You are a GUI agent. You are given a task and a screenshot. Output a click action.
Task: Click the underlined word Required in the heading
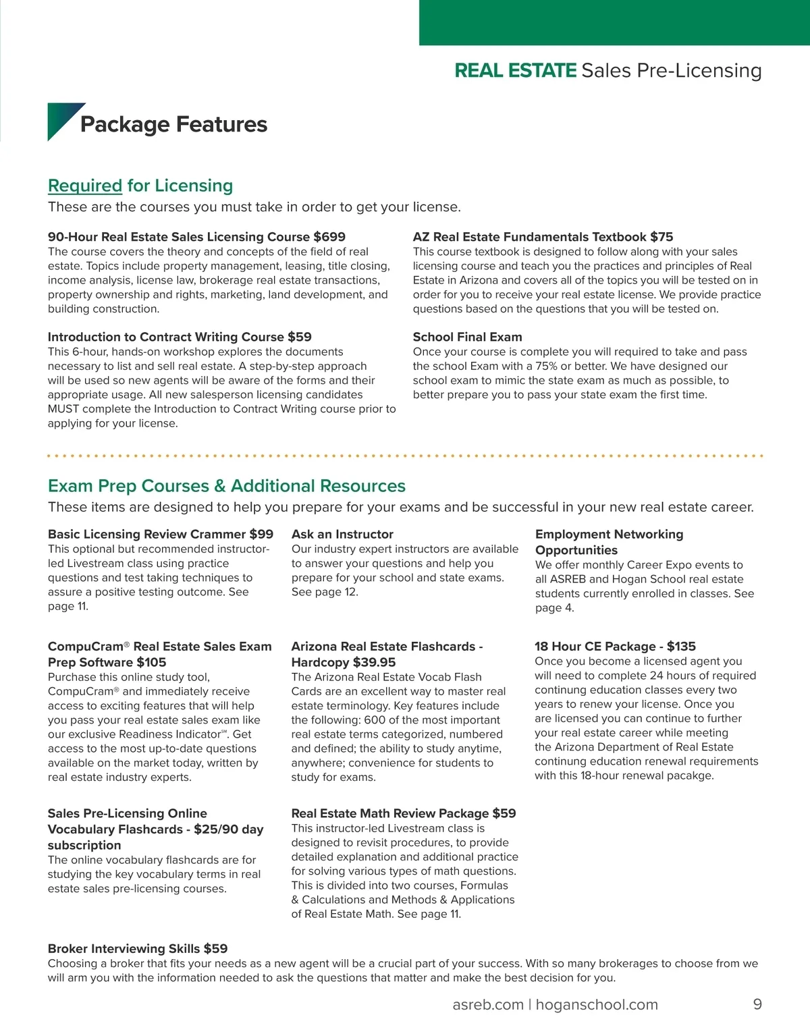(85, 186)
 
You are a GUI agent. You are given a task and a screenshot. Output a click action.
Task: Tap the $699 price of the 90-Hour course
(329, 237)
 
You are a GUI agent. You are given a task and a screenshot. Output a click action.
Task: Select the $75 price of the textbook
(661, 237)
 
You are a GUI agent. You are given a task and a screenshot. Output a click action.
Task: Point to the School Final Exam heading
(467, 337)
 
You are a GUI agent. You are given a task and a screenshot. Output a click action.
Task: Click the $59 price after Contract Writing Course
(299, 337)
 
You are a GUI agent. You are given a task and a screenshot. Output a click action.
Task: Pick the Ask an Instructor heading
(342, 534)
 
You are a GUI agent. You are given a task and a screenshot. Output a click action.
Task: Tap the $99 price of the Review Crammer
(261, 534)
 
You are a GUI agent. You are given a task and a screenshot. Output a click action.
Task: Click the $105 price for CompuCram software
(151, 662)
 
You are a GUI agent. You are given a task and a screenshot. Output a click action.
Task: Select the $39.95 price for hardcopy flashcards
(374, 662)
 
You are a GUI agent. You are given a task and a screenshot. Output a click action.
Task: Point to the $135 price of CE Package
(681, 646)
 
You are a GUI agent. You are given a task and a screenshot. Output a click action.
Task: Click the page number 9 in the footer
(757, 1004)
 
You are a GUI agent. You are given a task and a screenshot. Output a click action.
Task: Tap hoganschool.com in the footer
(597, 1004)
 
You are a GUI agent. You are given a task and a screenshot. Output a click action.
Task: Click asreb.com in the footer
(488, 1004)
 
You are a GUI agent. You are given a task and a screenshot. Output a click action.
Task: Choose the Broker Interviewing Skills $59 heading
(138, 948)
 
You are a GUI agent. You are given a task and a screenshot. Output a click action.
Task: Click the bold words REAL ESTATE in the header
(516, 70)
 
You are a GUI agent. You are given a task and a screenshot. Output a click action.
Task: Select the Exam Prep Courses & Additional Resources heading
(227, 486)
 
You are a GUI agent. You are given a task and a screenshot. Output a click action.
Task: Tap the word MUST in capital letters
(63, 409)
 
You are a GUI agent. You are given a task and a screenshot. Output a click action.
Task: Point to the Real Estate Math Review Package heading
(403, 813)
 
